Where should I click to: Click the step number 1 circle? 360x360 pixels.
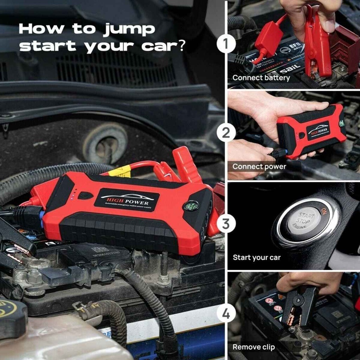[x=226, y=45]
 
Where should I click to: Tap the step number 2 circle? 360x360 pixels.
[x=226, y=133]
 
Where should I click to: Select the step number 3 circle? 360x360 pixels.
[x=226, y=224]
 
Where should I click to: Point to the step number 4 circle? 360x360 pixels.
[x=226, y=313]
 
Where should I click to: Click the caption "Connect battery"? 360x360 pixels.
[x=261, y=78]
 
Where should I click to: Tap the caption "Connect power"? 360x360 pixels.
[x=259, y=166]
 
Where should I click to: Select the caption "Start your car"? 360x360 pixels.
[x=257, y=257]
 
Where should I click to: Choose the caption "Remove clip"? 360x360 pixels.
[x=253, y=347]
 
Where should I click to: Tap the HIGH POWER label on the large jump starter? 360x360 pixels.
[x=127, y=200]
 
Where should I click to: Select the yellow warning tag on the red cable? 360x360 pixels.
[x=119, y=172]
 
